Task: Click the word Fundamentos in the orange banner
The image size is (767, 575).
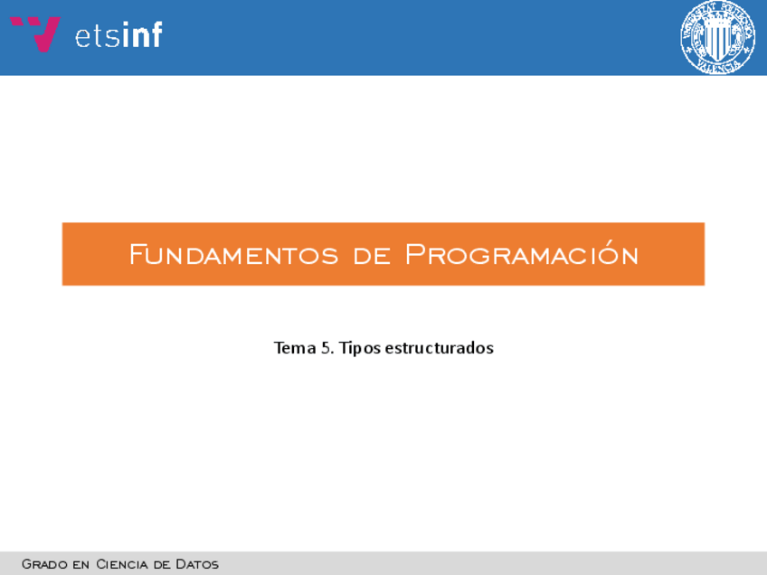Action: click(234, 255)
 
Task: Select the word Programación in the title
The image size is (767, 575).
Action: click(522, 253)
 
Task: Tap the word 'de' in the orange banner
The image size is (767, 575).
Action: click(372, 256)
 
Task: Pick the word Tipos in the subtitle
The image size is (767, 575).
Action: click(360, 348)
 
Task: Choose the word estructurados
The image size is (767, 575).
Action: click(440, 348)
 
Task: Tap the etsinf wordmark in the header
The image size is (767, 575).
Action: click(118, 34)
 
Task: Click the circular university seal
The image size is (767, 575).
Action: click(717, 37)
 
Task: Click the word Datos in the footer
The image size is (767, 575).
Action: click(197, 564)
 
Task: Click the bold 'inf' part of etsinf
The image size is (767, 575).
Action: click(142, 34)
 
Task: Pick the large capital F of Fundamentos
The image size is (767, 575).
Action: click(137, 254)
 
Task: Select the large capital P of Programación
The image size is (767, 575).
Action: click(414, 254)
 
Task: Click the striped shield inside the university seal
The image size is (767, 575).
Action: click(717, 39)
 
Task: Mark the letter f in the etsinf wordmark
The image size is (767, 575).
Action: click(156, 34)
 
